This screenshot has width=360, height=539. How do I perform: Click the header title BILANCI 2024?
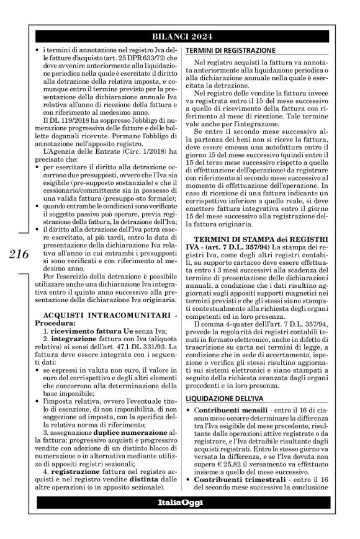coord(180,35)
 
